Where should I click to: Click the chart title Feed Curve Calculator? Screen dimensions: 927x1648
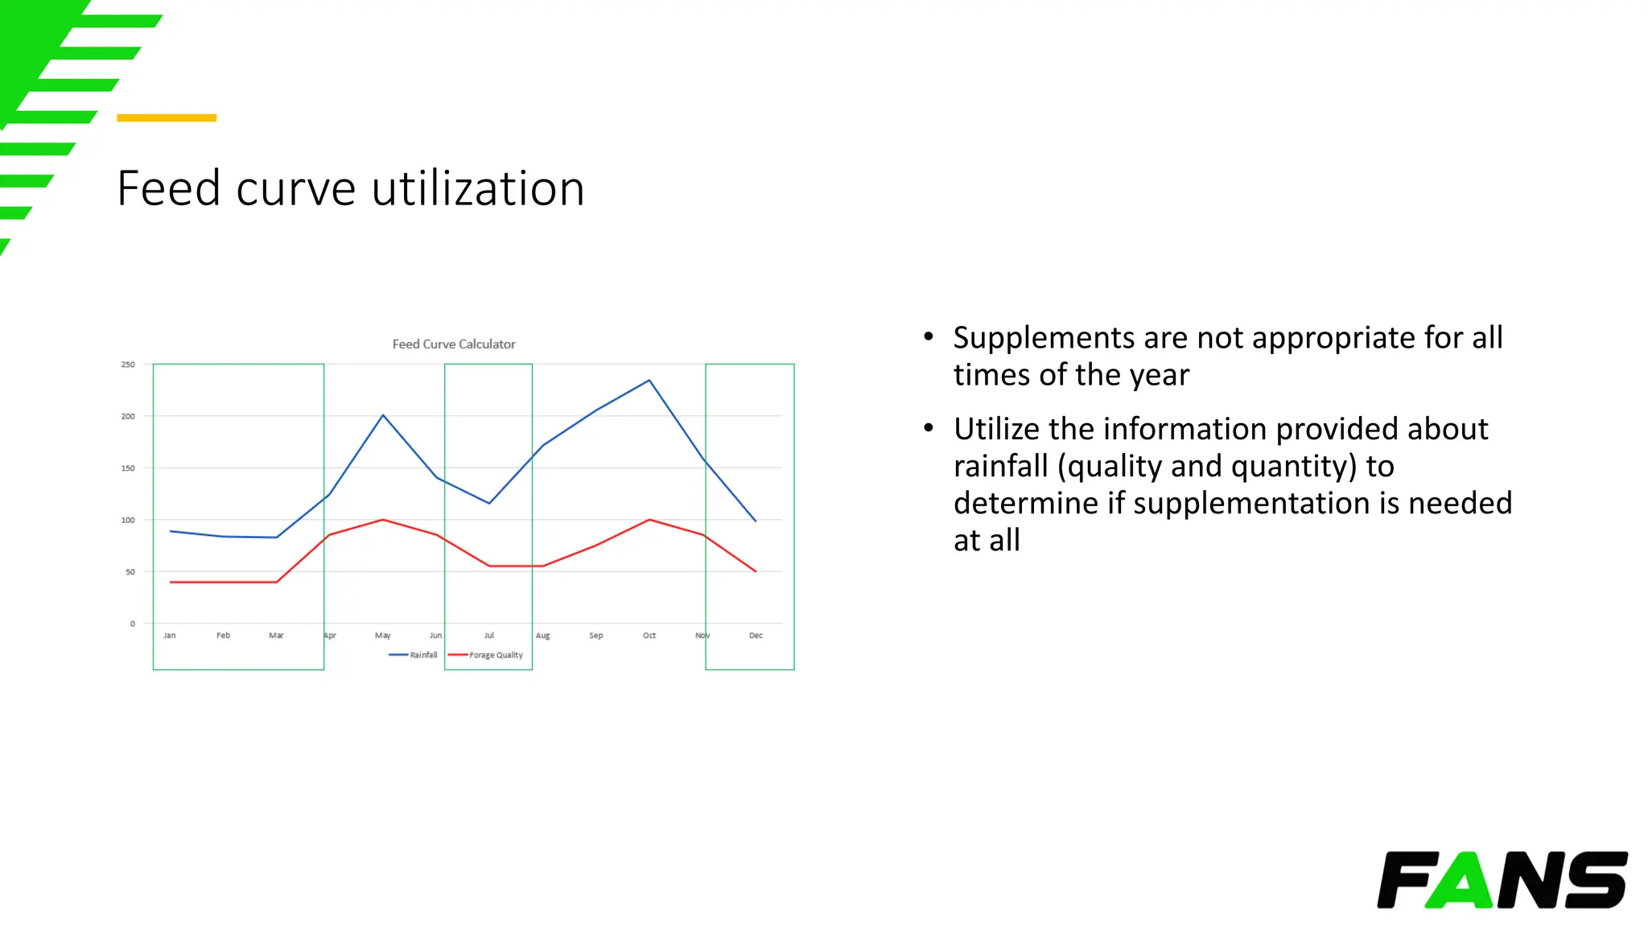coord(454,344)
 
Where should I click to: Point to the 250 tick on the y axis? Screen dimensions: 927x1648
coord(128,365)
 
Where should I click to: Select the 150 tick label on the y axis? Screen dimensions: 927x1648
coord(128,468)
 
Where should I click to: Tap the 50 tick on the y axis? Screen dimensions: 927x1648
coord(130,572)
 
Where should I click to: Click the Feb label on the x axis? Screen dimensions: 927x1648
coord(223,636)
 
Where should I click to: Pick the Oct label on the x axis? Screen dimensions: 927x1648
coord(649,636)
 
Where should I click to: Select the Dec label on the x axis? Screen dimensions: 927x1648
coord(756,636)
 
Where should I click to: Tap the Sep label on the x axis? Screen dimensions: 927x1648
coord(595,636)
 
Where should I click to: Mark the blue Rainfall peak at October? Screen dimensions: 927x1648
coord(649,381)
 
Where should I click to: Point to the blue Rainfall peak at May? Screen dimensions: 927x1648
coord(383,415)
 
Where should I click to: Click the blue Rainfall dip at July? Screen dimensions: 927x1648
coord(489,503)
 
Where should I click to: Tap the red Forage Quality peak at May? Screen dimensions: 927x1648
coord(383,520)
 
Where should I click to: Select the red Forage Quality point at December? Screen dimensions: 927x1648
coord(756,571)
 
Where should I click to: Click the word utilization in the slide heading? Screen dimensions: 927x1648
coord(478,189)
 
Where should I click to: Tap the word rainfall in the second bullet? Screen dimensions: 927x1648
coord(1001,467)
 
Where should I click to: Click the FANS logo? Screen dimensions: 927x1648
coord(1502,880)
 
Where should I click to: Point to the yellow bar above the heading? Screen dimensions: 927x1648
coord(167,118)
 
